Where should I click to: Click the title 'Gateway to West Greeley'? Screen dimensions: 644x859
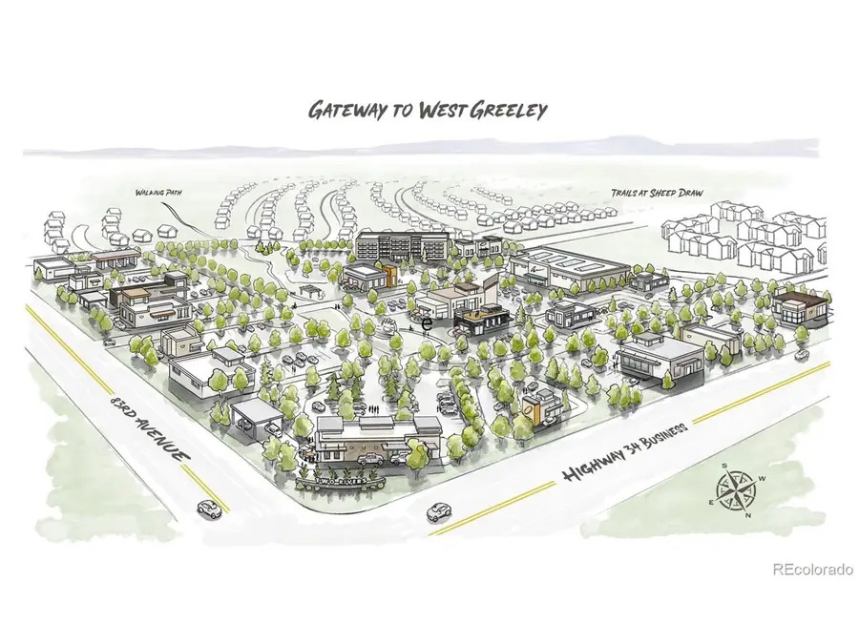tap(427, 110)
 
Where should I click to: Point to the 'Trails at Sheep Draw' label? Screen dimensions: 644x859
tap(657, 194)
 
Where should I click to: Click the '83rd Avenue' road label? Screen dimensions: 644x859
tap(147, 423)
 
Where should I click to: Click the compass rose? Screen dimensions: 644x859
tap(736, 490)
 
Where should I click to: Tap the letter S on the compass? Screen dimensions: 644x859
tap(724, 467)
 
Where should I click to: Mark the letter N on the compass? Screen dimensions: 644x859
tap(747, 514)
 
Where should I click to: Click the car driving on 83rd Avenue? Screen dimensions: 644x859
tap(206, 505)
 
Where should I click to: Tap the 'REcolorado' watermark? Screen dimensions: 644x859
tap(811, 570)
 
